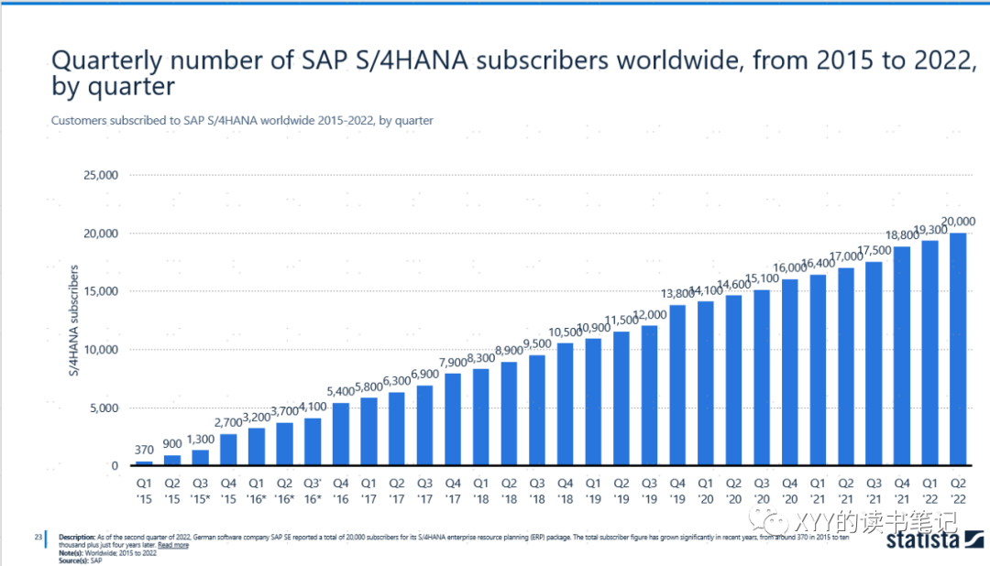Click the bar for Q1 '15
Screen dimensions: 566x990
pyautogui.click(x=144, y=463)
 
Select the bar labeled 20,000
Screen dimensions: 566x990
pyautogui.click(x=958, y=349)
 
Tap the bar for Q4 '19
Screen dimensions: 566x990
pyautogui.click(x=677, y=385)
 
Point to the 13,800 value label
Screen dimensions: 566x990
pyautogui.click(x=676, y=293)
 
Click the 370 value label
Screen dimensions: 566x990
pyautogui.click(x=145, y=449)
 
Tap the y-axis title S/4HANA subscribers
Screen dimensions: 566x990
pyautogui.click(x=74, y=321)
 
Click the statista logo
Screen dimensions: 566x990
pyautogui.click(x=922, y=543)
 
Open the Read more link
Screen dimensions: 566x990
pyautogui.click(x=173, y=545)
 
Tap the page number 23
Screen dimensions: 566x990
pyautogui.click(x=38, y=537)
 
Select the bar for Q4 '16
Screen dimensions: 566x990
pyautogui.click(x=341, y=434)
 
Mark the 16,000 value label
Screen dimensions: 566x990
pyautogui.click(x=789, y=267)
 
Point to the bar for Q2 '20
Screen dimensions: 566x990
pyautogui.click(x=733, y=380)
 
